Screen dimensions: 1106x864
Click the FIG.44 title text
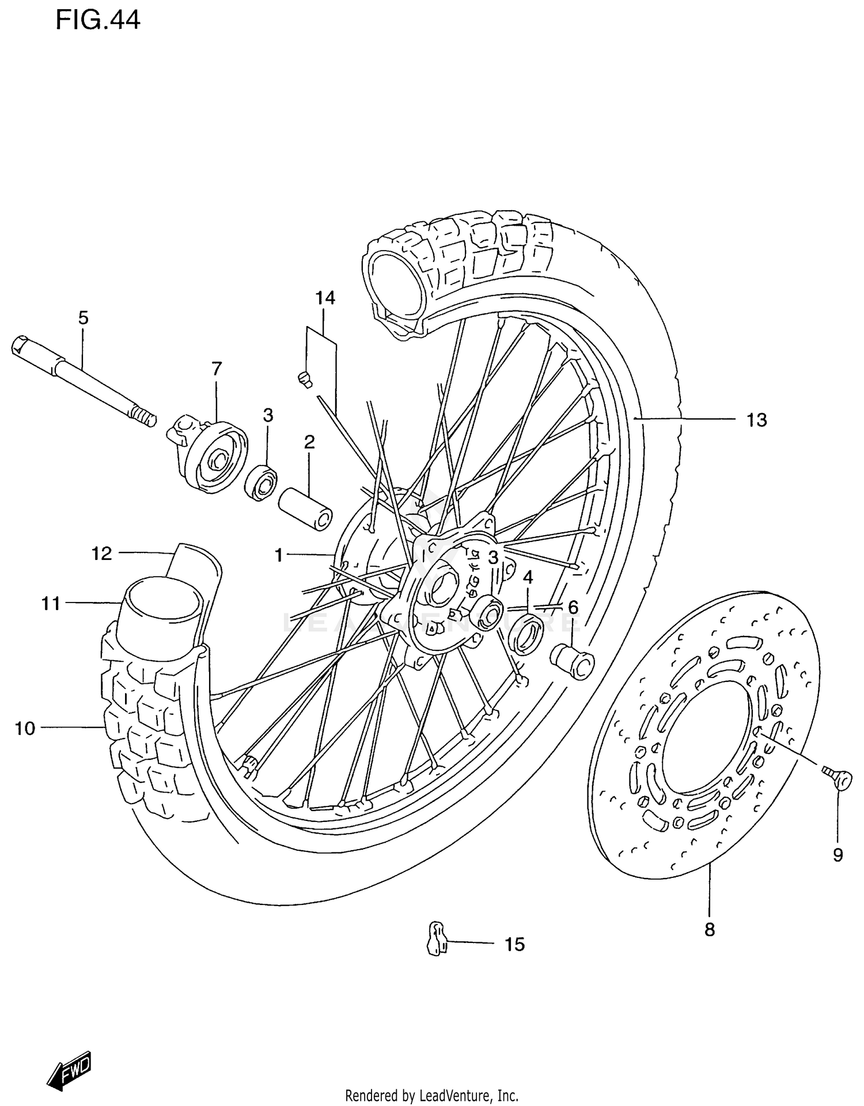(98, 21)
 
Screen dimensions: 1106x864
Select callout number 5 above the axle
(84, 317)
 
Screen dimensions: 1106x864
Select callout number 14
(325, 298)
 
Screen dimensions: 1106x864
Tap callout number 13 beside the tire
(757, 420)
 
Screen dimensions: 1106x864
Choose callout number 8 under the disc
(709, 930)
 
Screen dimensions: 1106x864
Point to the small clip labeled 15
(437, 942)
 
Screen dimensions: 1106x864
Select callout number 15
(514, 945)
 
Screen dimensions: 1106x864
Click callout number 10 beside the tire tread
(25, 729)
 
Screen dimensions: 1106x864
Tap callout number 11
(51, 604)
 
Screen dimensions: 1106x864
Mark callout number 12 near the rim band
(101, 554)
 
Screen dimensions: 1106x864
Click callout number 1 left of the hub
(279, 555)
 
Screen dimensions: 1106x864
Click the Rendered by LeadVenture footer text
(432, 1096)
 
